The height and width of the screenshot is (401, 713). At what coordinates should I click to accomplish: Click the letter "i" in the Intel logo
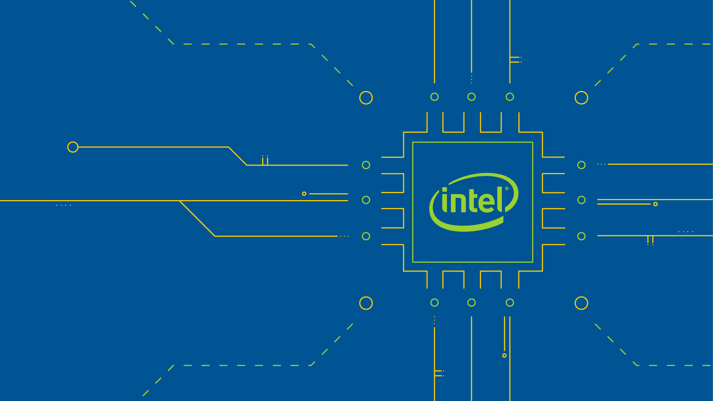click(x=445, y=200)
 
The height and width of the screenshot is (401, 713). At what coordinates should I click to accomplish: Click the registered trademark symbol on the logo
click(x=507, y=189)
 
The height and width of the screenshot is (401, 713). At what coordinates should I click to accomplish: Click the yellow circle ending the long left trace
click(x=73, y=147)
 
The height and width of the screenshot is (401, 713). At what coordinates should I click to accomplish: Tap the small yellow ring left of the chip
click(x=304, y=194)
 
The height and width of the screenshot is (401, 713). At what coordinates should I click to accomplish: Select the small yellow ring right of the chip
click(x=655, y=204)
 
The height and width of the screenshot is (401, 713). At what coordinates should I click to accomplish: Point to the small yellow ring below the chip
click(x=504, y=356)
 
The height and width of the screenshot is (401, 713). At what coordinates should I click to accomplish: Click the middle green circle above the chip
click(x=472, y=97)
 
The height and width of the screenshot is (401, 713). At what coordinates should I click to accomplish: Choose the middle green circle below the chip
click(x=472, y=303)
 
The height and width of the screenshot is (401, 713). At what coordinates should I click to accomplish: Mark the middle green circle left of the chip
click(x=366, y=200)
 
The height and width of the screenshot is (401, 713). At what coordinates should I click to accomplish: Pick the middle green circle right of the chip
click(x=582, y=200)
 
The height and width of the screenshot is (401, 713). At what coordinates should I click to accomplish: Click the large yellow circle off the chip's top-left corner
click(x=366, y=98)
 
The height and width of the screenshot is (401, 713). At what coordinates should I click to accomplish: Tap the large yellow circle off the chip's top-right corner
click(x=582, y=98)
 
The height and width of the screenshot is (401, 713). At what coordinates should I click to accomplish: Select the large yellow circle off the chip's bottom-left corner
click(x=366, y=303)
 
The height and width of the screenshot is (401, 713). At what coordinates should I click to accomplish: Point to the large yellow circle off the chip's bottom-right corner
click(x=582, y=303)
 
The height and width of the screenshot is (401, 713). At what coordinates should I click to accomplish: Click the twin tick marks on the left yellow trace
click(x=265, y=160)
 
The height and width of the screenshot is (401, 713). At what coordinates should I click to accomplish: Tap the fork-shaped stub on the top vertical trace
click(x=515, y=60)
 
